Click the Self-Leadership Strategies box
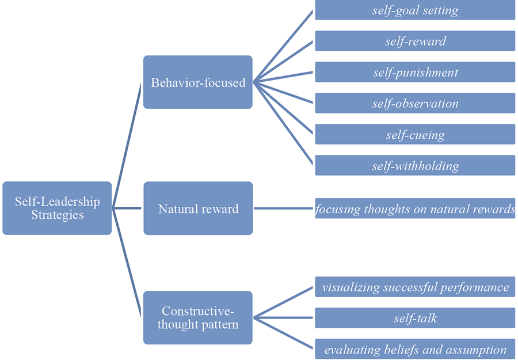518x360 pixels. pyautogui.click(x=56, y=208)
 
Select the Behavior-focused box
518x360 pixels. pyautogui.click(x=197, y=82)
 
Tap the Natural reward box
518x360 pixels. pyautogui.click(x=197, y=208)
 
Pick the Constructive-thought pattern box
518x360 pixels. pyautogui.click(x=197, y=317)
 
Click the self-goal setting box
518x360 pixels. pyautogui.click(x=414, y=10)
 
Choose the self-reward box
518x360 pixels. pyautogui.click(x=414, y=41)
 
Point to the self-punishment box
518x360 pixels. pyautogui.click(x=414, y=72)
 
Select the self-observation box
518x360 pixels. pyautogui.click(x=414, y=103)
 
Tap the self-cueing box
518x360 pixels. pyautogui.click(x=414, y=134)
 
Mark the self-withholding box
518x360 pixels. pyautogui.click(x=414, y=165)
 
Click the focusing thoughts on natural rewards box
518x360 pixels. pyautogui.click(x=414, y=209)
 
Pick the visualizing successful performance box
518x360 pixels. pyautogui.click(x=414, y=286)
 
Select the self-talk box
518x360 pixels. pyautogui.click(x=414, y=317)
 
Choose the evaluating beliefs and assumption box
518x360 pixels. pyautogui.click(x=414, y=348)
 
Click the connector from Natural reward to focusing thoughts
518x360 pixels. pyautogui.click(x=284, y=209)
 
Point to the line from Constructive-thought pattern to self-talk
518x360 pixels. pyautogui.click(x=284, y=317)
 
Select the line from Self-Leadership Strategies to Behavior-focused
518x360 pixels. pyautogui.click(x=127, y=144)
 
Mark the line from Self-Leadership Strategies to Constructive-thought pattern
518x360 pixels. pyautogui.click(x=127, y=263)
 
